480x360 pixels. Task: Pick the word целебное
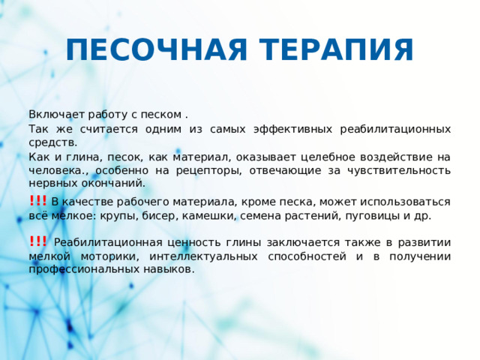tap(331, 157)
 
